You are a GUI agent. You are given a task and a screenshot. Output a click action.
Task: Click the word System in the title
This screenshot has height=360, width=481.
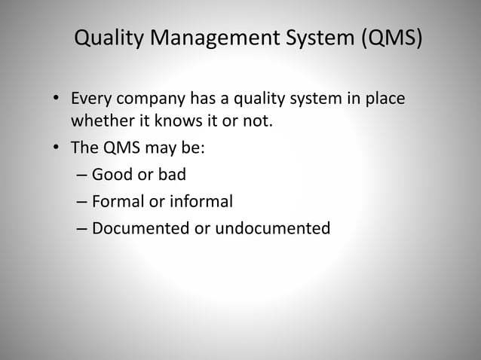pyautogui.click(x=309, y=37)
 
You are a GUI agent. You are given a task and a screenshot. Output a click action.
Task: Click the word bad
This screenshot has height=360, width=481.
pyautogui.click(x=171, y=175)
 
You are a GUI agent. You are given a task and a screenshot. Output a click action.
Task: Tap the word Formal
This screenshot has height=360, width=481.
pyautogui.click(x=117, y=201)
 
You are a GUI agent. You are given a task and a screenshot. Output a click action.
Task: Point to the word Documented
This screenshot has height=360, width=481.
pyautogui.click(x=141, y=227)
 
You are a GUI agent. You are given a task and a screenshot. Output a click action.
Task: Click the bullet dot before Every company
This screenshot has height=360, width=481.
pyautogui.click(x=57, y=100)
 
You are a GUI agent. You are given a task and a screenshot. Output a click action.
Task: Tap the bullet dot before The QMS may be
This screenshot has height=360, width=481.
pyautogui.click(x=57, y=148)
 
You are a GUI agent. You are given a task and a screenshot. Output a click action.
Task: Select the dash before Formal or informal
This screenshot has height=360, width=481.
pyautogui.click(x=81, y=201)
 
